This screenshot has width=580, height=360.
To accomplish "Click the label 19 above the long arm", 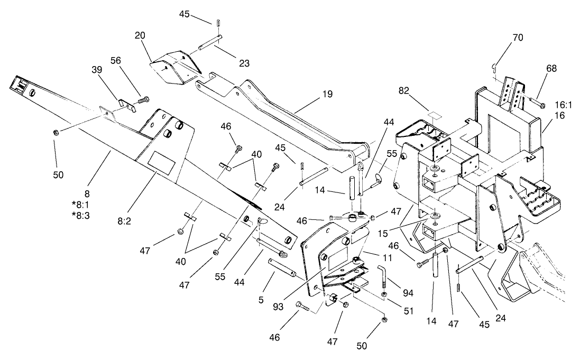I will tap(327, 95).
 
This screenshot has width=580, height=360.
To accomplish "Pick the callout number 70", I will tap(518, 37).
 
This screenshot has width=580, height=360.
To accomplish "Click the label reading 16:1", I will tap(563, 105).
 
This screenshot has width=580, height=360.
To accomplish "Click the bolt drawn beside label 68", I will tap(536, 102).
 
